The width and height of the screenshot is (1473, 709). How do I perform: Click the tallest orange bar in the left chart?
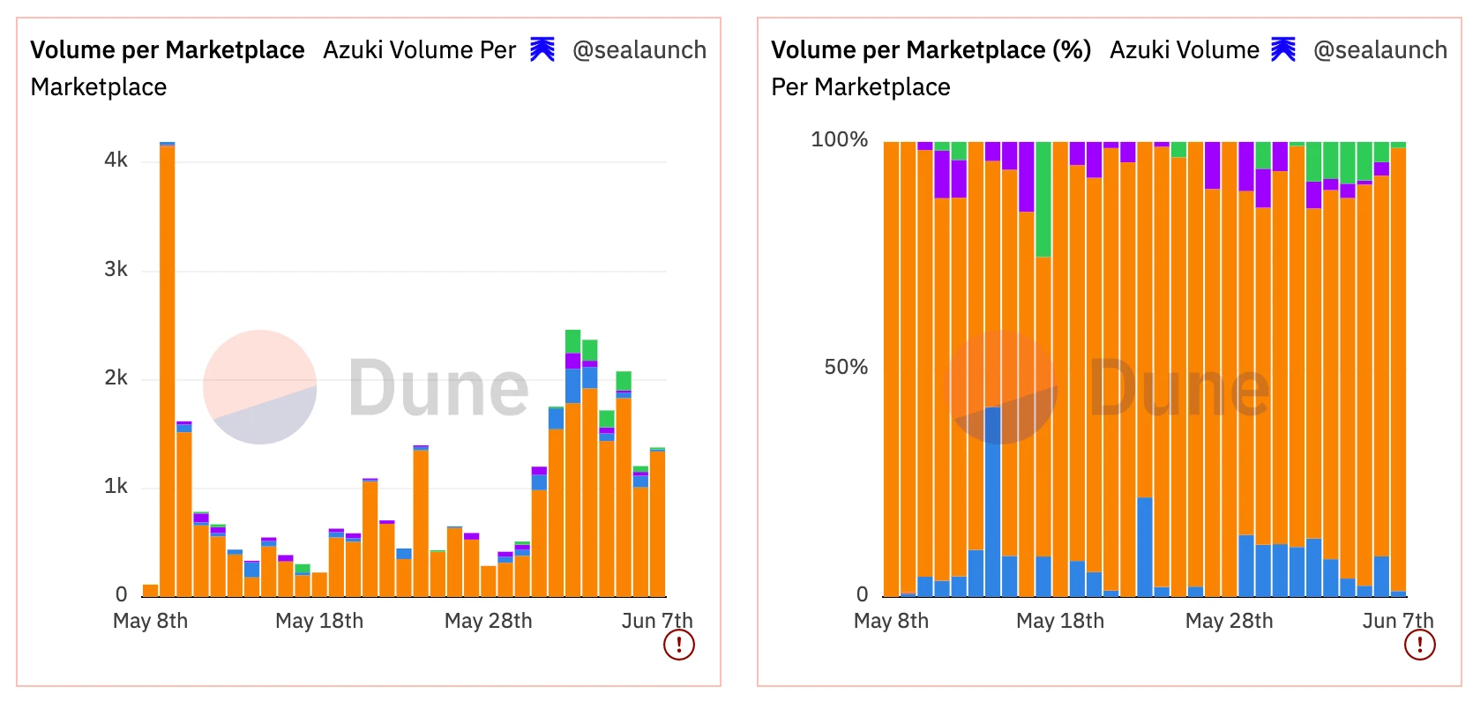167,370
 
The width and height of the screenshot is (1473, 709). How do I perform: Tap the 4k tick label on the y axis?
116,160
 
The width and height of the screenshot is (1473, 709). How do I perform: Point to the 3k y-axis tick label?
116,269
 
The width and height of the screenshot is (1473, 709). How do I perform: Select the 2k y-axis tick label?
116,377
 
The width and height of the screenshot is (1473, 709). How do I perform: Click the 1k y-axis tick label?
116,486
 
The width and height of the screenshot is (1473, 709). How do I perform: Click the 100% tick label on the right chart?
839,139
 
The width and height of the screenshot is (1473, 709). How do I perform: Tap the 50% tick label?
845,367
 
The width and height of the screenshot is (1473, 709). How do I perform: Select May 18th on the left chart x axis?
319,621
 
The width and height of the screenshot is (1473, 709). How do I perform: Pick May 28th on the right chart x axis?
1229,621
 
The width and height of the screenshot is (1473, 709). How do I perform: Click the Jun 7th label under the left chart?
656,621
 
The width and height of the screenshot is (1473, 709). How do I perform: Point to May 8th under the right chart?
891,621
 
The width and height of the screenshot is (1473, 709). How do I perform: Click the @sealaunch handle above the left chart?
639,50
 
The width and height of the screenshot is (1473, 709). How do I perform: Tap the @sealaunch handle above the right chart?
1380,50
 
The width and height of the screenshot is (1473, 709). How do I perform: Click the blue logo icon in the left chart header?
542,49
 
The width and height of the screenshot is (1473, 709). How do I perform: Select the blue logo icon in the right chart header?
1283,49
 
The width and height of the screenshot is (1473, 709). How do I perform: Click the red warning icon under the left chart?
678,645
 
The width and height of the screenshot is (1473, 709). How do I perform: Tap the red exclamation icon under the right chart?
1419,645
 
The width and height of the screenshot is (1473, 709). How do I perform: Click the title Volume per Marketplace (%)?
931,50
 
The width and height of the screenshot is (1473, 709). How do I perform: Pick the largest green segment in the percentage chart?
1043,199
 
